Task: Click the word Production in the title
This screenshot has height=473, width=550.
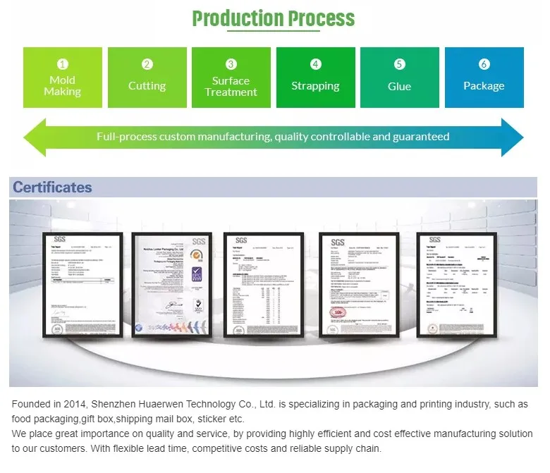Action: coord(233,18)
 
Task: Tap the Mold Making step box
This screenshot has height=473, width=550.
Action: coord(63,78)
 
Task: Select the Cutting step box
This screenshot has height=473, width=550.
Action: coord(147,78)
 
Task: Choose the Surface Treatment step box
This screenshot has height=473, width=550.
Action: coord(231,78)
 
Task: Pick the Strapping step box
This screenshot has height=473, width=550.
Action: coord(315,78)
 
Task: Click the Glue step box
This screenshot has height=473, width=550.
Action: coord(399,78)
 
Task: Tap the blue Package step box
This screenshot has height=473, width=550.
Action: coord(484,78)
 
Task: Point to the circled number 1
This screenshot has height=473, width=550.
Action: coord(63,64)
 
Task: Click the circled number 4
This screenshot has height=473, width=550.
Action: coord(315,64)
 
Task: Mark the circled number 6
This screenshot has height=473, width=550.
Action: coord(484,64)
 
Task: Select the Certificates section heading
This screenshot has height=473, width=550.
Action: coord(52,188)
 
